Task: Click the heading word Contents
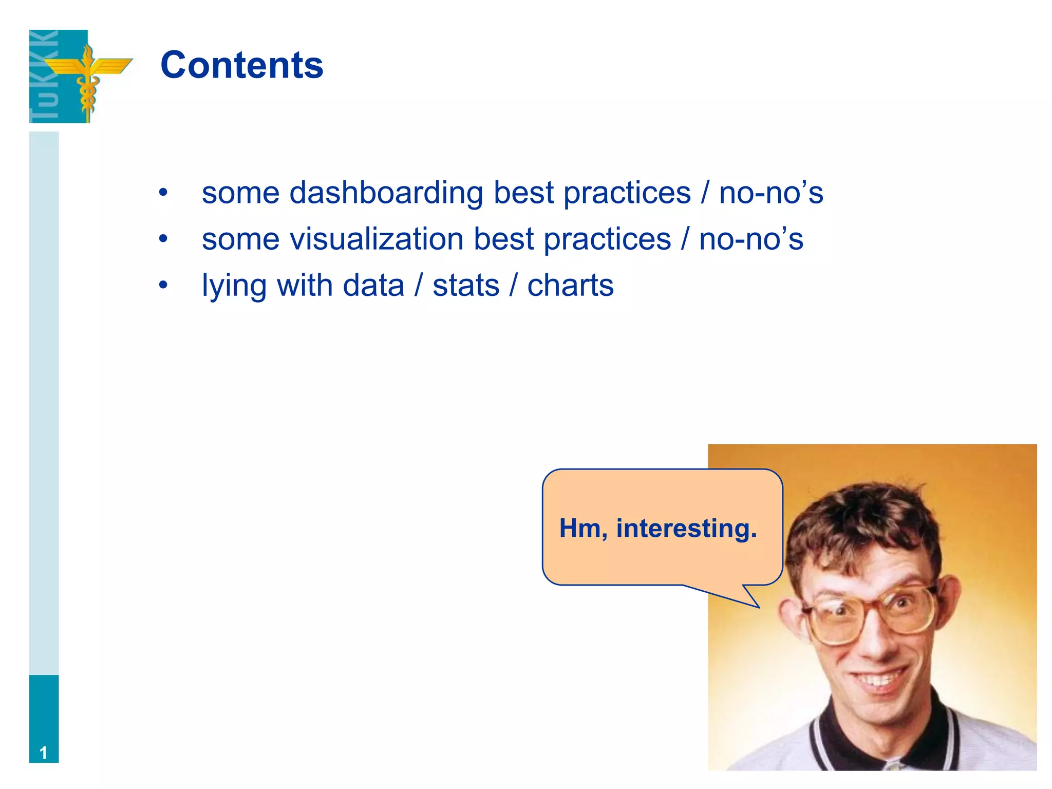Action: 241,65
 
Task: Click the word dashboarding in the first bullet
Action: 386,193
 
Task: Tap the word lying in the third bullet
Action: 234,286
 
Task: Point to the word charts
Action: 570,286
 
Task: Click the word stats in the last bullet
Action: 466,286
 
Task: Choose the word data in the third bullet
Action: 373,286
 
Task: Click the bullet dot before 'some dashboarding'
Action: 163,193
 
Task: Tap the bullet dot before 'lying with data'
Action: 163,286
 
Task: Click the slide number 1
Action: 44,753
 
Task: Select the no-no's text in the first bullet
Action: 771,193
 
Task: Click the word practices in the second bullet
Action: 607,239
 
